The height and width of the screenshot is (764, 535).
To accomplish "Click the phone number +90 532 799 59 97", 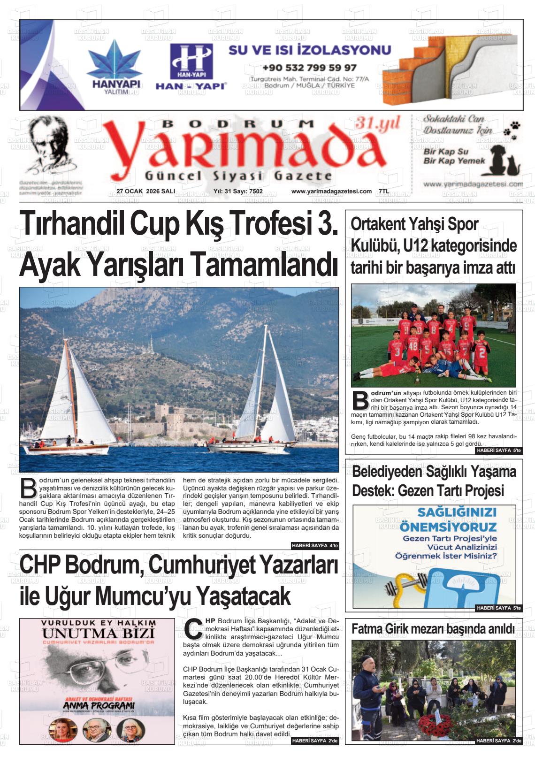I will (x=309, y=68).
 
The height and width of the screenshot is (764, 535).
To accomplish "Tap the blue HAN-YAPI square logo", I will (x=191, y=61).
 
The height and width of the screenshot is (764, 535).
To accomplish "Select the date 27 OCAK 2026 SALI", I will (x=145, y=191).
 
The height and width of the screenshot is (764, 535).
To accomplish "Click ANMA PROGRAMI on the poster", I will (x=99, y=705).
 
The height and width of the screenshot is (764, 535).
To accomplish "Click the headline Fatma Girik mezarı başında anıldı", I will (x=433, y=629).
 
